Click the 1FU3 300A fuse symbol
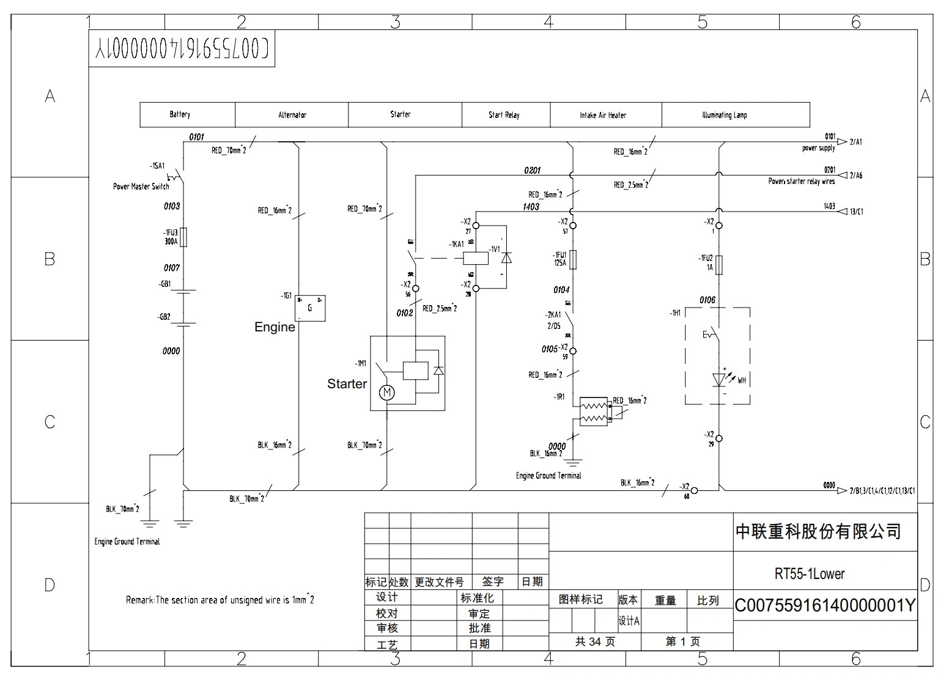pyautogui.click(x=183, y=237)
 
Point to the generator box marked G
pyautogui.click(x=311, y=308)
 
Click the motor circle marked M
pyautogui.click(x=387, y=393)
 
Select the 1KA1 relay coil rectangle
pyautogui.click(x=476, y=258)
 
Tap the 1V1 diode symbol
pyautogui.click(x=506, y=258)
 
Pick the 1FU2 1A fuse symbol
pyautogui.click(x=720, y=264)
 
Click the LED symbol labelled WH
pyautogui.click(x=720, y=380)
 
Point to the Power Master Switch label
pyautogui.click(x=141, y=186)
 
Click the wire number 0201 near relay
pyautogui.click(x=532, y=171)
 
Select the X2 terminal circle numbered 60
pyautogui.click(x=695, y=490)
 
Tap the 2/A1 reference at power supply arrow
pyautogui.click(x=855, y=142)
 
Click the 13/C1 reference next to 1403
pyautogui.click(x=856, y=212)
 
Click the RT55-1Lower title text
pyautogui.click(x=810, y=574)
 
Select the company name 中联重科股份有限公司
pyautogui.click(x=818, y=531)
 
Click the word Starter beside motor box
pyautogui.click(x=347, y=384)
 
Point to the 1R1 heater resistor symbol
pyautogui.click(x=593, y=411)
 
